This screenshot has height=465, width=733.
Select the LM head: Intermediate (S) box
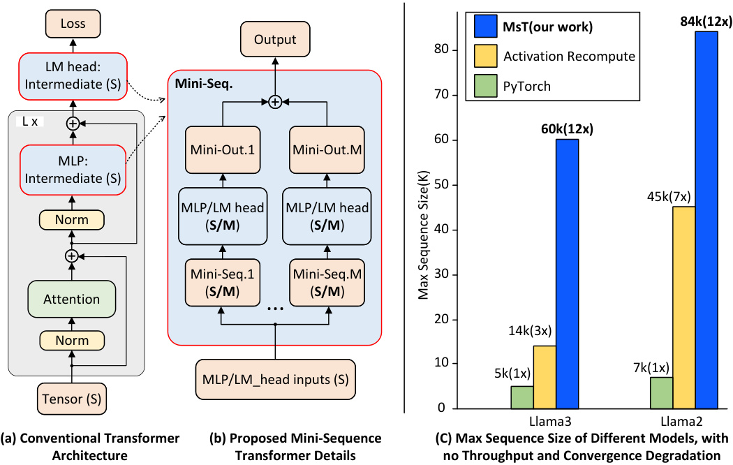(x=72, y=75)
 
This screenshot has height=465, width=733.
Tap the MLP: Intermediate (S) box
(x=72, y=170)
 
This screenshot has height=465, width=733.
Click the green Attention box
(x=72, y=300)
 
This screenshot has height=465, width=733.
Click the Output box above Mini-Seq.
(x=275, y=40)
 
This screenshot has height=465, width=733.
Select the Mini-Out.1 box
(x=221, y=149)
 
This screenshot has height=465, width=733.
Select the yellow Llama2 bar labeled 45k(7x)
(x=684, y=307)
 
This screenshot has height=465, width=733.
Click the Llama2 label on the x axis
(x=684, y=422)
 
